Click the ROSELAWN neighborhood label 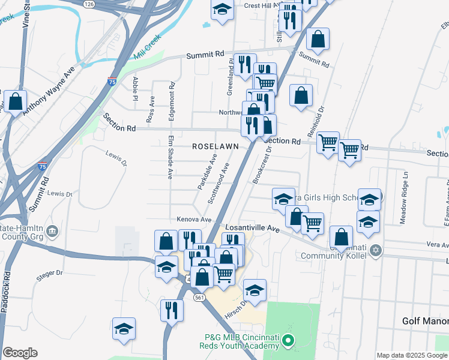pos(215,146)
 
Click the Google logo pos(20,353)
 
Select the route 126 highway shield pos(89,4)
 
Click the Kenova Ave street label pos(194,220)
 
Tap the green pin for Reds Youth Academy pos(288,342)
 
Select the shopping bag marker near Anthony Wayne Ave pos(15,100)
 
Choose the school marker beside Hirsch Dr pos(255,291)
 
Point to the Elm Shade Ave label pos(170,157)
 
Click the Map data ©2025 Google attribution pos(412,355)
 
